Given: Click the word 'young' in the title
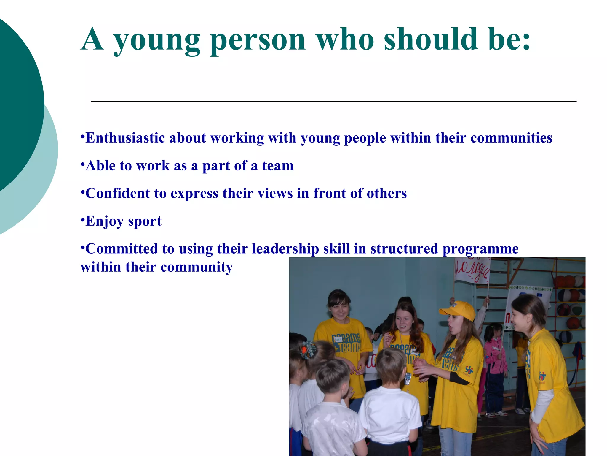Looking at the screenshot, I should coord(157,40).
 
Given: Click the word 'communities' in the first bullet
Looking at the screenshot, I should coord(511,138).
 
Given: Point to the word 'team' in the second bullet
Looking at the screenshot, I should coord(278,166).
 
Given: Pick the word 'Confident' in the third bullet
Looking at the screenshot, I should coord(118,193).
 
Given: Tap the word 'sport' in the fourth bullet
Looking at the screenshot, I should coord(145,221).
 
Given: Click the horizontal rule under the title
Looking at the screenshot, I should coord(333,102).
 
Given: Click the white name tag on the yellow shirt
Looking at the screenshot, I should coord(338,339).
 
